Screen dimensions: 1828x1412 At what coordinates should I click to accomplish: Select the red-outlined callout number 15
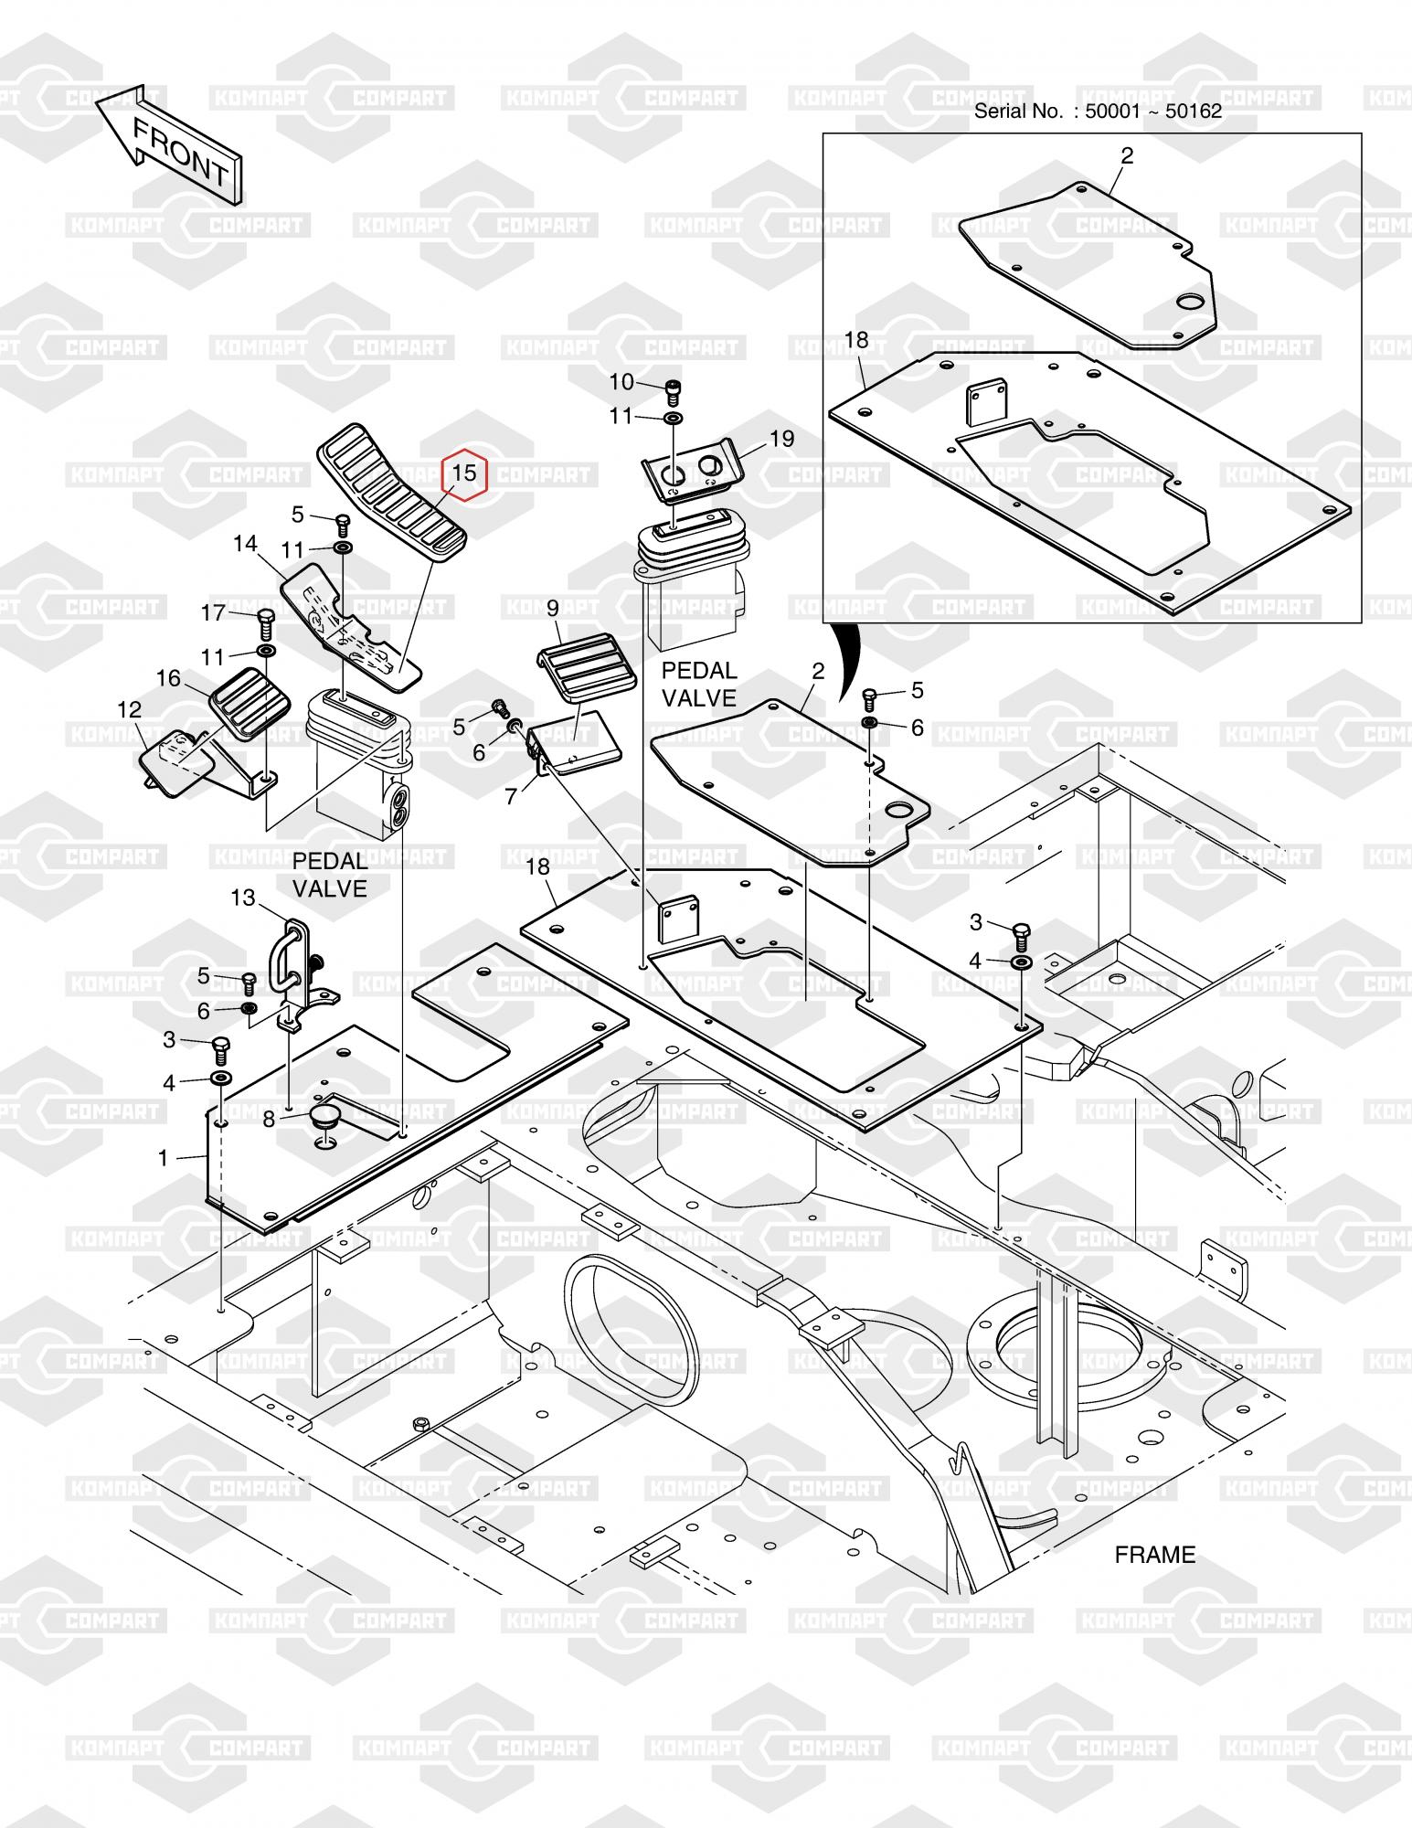point(464,473)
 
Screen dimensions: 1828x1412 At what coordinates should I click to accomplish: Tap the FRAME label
point(1154,1554)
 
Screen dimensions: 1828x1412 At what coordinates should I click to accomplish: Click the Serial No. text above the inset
point(1097,112)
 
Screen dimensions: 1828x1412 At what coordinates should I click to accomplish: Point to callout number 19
point(781,439)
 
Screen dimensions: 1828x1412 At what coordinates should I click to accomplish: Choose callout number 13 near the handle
point(243,898)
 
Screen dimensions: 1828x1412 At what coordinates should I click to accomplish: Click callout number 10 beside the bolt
point(621,382)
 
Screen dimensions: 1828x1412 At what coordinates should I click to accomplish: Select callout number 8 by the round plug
point(269,1119)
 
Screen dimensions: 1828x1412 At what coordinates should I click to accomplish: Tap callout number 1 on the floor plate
point(164,1159)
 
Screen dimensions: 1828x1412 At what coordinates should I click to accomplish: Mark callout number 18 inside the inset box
point(856,341)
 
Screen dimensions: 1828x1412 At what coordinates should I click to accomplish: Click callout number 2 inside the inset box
point(1126,156)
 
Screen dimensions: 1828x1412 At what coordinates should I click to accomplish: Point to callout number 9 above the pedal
point(552,608)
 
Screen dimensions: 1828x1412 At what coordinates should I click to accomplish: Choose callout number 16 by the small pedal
point(169,678)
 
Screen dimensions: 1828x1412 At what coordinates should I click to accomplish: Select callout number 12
point(130,710)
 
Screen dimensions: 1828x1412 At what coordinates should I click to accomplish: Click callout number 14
point(245,544)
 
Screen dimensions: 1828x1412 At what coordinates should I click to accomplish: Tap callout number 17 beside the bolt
point(213,612)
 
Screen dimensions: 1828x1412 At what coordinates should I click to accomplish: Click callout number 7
point(511,796)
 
